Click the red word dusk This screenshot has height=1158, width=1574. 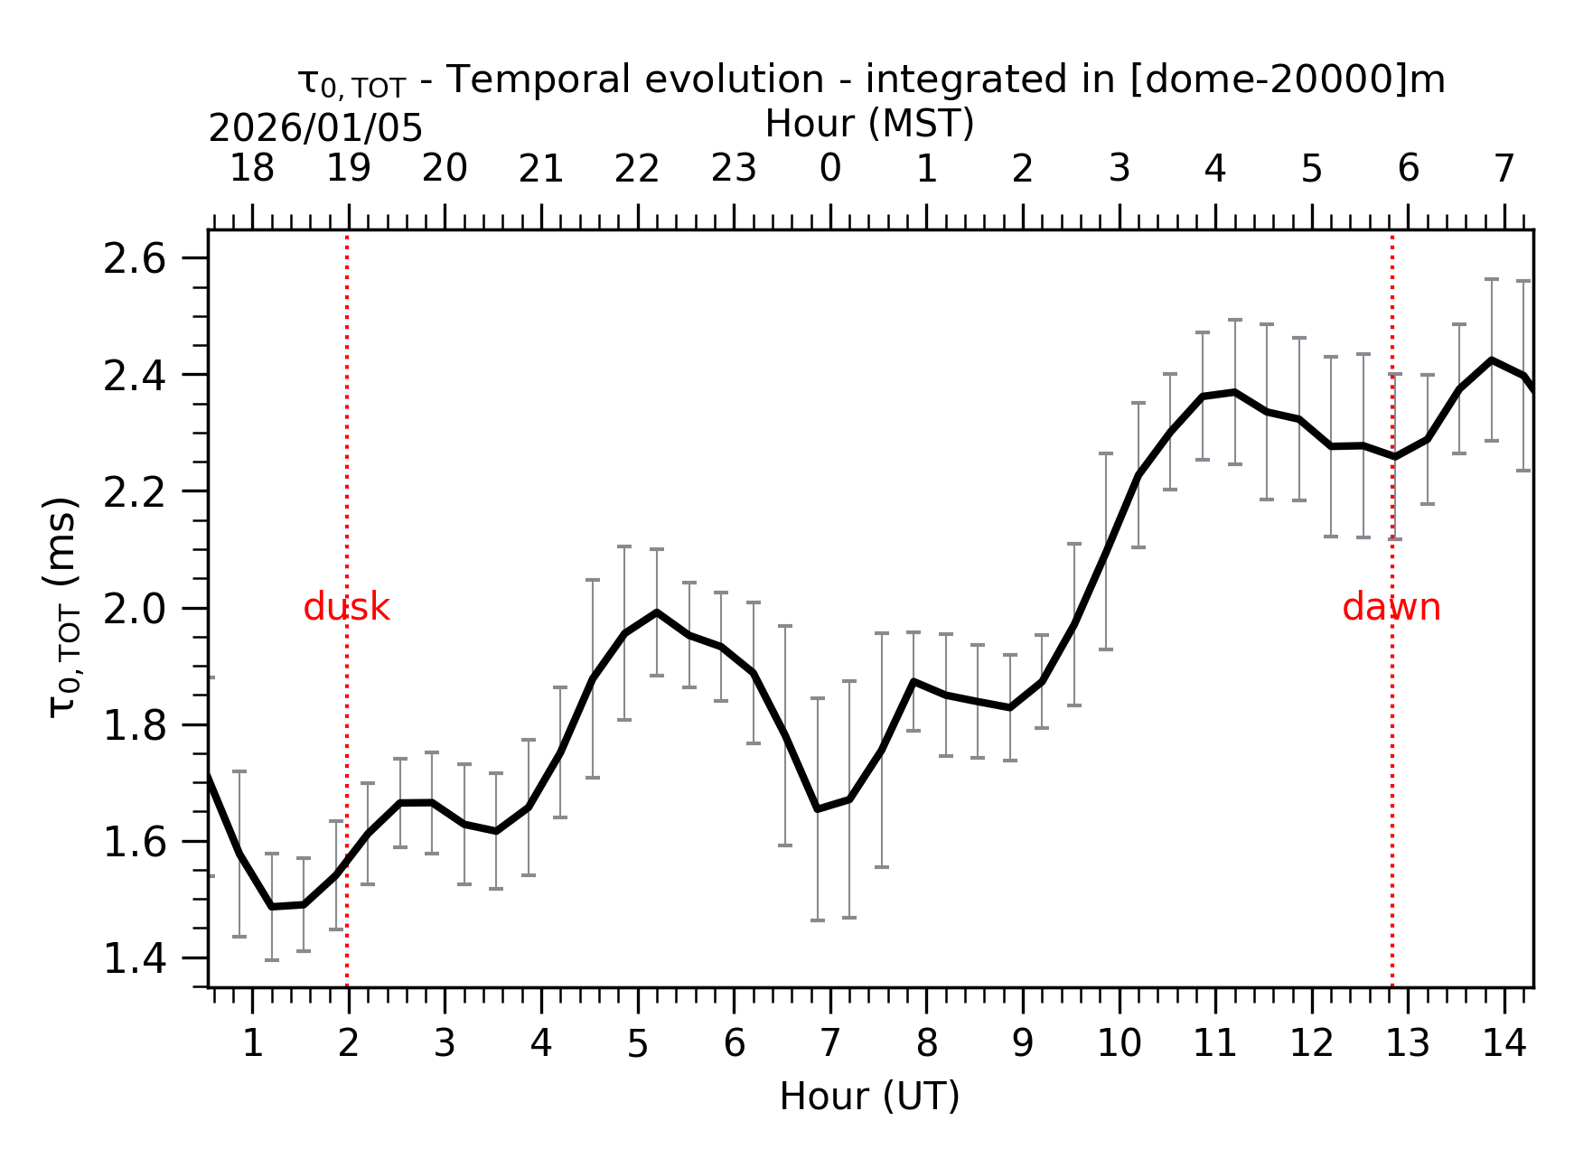(346, 608)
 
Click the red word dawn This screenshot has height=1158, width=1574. (1391, 608)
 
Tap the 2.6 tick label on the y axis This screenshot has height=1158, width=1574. (135, 260)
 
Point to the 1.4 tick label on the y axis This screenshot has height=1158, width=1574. (135, 959)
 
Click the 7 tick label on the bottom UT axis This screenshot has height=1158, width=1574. (829, 1044)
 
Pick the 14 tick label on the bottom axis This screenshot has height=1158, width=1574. (1504, 1044)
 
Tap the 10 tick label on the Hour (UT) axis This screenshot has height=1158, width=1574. (1119, 1044)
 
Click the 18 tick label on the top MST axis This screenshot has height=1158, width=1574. (251, 169)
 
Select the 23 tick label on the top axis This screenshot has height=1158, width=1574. (733, 169)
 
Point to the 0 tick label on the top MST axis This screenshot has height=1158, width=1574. (829, 169)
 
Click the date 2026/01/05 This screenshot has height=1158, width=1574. (315, 129)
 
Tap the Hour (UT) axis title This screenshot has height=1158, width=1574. (869, 1097)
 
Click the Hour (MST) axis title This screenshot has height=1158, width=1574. (869, 124)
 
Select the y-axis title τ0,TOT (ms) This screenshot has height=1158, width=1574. (63, 607)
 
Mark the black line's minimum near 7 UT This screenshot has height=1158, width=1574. (818, 808)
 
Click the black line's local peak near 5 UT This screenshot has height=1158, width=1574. (657, 612)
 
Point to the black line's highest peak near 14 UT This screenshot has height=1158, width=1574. (1492, 360)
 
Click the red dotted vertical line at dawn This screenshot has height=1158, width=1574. (1392, 768)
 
